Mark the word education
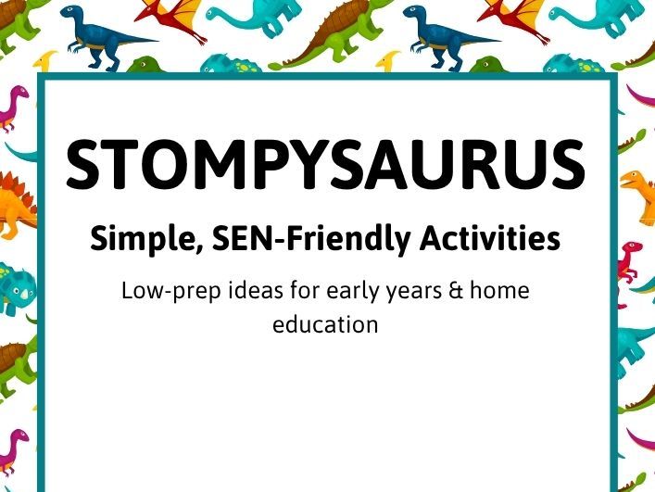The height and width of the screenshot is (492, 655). pos(325,325)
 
